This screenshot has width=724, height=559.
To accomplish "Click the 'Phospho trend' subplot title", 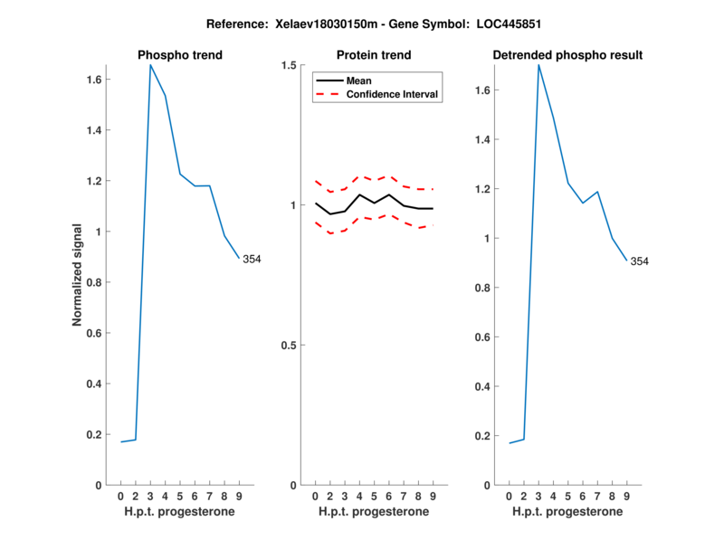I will [x=180, y=55].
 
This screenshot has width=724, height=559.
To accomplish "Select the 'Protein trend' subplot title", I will [x=374, y=55].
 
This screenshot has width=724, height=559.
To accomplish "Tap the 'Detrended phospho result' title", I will [x=567, y=55].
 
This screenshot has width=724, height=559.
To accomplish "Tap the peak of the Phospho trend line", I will [x=150, y=65].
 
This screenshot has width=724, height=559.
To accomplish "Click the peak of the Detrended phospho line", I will [x=538, y=65].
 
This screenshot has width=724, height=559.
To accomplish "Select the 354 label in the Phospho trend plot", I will [x=252, y=260].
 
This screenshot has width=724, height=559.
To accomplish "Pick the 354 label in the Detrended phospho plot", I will [x=640, y=261].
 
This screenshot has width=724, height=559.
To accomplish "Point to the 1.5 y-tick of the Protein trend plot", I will [x=290, y=65].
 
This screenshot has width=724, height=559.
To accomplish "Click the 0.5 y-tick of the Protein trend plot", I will [x=290, y=346].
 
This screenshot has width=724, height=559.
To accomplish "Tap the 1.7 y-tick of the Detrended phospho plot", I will [x=485, y=90].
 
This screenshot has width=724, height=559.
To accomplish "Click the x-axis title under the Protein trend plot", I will [x=374, y=512].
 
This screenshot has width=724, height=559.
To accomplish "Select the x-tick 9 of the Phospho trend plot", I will [x=239, y=497].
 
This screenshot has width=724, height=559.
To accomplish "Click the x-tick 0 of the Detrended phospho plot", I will [x=509, y=497].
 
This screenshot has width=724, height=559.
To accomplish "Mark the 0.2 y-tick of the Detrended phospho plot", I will [x=485, y=436].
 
